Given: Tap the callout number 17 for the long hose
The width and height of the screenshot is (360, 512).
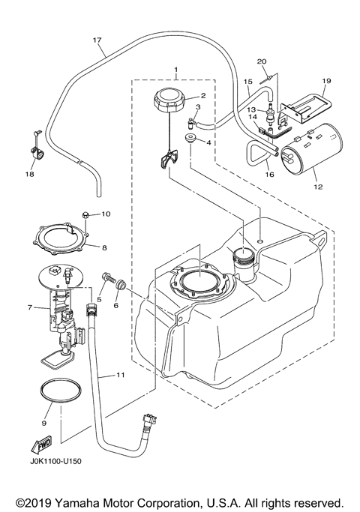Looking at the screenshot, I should (x=97, y=39).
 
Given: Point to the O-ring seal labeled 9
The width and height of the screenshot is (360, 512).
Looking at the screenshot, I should (x=56, y=398).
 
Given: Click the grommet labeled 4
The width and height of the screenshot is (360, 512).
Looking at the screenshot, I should (x=190, y=140).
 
